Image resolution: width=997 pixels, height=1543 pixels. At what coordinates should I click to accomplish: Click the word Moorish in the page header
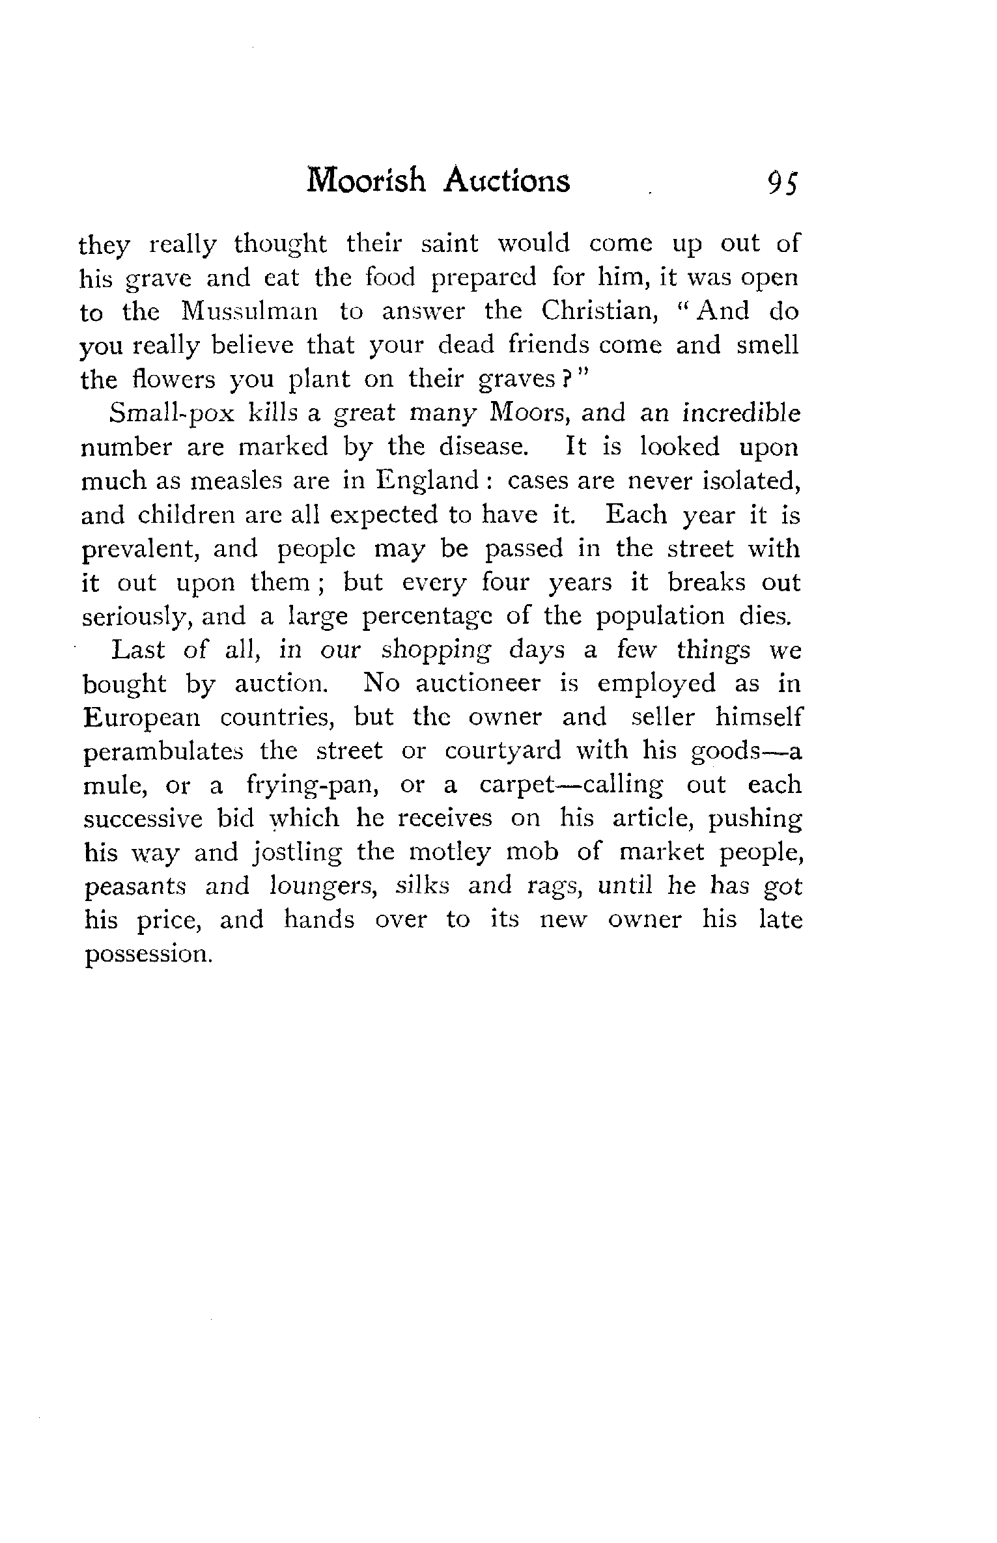point(366,182)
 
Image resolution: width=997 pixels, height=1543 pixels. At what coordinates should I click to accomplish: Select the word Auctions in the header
point(506,182)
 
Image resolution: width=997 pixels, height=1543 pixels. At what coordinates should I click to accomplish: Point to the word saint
point(449,243)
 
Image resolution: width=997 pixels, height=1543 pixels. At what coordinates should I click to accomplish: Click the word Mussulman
point(249,311)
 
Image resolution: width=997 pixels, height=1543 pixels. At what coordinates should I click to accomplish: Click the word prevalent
point(141,549)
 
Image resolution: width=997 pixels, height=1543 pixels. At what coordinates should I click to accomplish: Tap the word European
point(141,717)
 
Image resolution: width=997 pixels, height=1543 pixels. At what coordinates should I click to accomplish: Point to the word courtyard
point(503,751)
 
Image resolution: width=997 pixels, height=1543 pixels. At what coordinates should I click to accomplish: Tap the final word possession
point(148,954)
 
